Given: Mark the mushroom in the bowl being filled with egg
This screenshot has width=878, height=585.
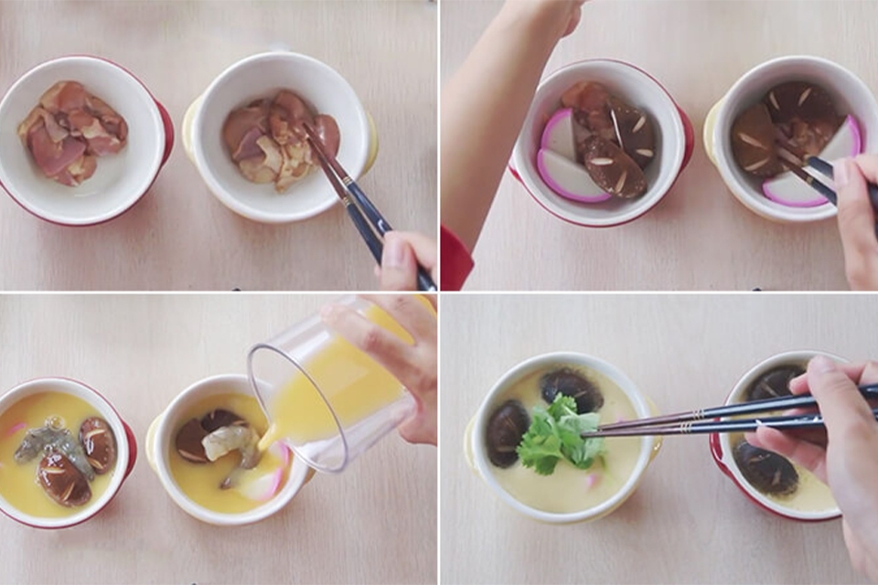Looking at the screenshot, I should point(194,440).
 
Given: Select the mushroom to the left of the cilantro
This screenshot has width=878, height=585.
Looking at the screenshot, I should point(506,432).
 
